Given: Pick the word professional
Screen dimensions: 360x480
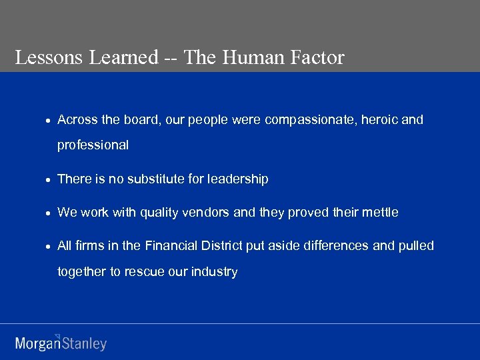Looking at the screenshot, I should click(93, 145).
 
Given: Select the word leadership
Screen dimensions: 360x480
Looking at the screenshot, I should click(238, 179).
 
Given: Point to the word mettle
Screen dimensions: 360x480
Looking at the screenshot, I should click(380, 213).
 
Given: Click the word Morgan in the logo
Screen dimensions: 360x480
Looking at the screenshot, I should click(37, 344).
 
